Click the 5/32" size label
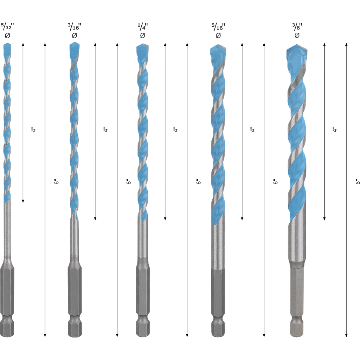click(x=7, y=27)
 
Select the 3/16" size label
click(x=75, y=27)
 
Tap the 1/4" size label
click(x=143, y=27)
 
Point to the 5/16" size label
click(x=218, y=27)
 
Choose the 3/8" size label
click(x=297, y=27)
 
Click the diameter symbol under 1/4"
click(x=143, y=36)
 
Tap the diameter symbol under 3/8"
click(x=297, y=36)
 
